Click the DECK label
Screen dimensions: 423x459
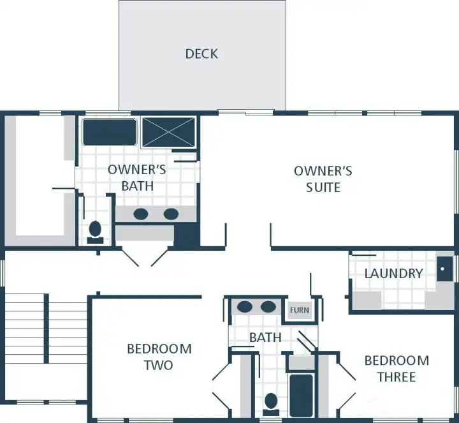[201, 54]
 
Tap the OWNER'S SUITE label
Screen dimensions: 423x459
[323, 179]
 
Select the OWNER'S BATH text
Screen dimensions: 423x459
[136, 177]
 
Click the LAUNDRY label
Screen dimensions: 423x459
[393, 274]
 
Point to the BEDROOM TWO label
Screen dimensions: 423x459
[159, 357]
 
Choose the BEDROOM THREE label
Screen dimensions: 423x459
[397, 369]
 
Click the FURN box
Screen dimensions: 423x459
[299, 311]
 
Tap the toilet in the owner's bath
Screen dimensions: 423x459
[96, 230]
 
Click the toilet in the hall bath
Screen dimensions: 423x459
[271, 403]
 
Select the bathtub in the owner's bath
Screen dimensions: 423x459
[110, 131]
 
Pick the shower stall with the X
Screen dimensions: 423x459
[168, 132]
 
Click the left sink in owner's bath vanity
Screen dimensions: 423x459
[140, 214]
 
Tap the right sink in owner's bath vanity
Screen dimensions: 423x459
[170, 214]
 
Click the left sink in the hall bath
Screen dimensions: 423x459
[245, 307]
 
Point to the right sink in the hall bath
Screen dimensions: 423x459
[268, 307]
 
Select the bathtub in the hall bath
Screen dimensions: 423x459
[301, 394]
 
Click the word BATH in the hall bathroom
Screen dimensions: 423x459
[265, 337]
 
